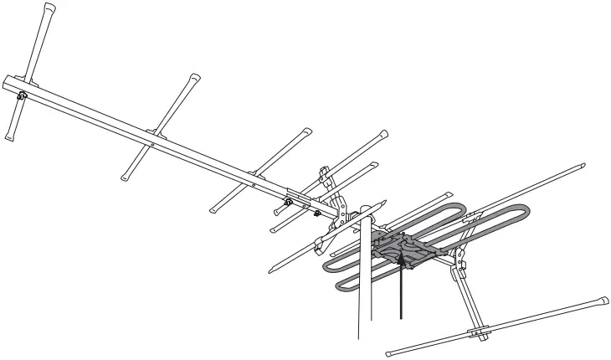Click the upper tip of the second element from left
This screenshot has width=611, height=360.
click(196, 76)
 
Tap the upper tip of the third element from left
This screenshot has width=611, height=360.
click(307, 131)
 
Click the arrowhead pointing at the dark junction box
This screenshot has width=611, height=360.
click(403, 262)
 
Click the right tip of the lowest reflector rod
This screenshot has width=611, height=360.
click(603, 300)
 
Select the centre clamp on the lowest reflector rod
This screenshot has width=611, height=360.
click(477, 331)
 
